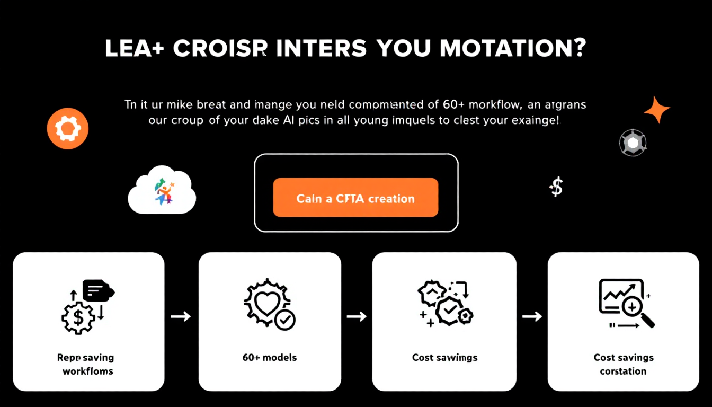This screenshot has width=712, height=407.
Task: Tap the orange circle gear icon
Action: (68, 129)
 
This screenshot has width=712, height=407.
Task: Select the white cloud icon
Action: (162, 190)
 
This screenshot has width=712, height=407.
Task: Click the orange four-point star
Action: (657, 110)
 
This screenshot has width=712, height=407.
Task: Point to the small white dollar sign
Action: (556, 187)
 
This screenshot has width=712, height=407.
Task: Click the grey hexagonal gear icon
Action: (633, 143)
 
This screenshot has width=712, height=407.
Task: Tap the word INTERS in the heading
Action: (322, 49)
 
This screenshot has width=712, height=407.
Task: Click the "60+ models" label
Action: (270, 357)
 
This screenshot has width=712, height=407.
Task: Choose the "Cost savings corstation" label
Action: (623, 364)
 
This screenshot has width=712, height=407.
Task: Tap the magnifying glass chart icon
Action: (626, 304)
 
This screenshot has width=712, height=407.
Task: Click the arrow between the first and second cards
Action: (181, 316)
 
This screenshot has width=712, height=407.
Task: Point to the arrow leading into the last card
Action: (531, 316)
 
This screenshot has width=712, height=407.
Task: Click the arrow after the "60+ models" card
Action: (357, 316)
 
